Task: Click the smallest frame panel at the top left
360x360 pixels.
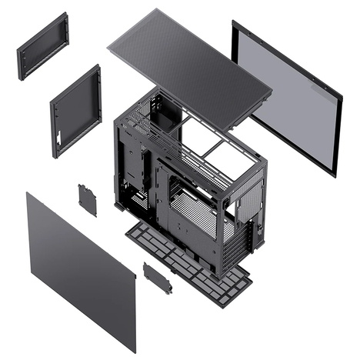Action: pyautogui.click(x=42, y=46)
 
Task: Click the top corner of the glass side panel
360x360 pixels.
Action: pyautogui.click(x=235, y=23)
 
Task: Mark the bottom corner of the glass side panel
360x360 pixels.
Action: pyautogui.click(x=334, y=175)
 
